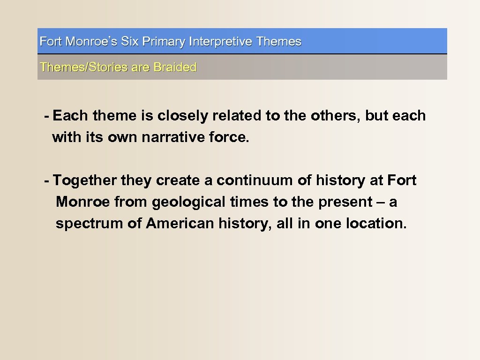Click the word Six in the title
[130, 42]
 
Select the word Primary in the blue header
[164, 42]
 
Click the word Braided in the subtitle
[175, 67]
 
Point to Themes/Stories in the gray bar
[84, 67]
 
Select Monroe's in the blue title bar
[92, 42]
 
